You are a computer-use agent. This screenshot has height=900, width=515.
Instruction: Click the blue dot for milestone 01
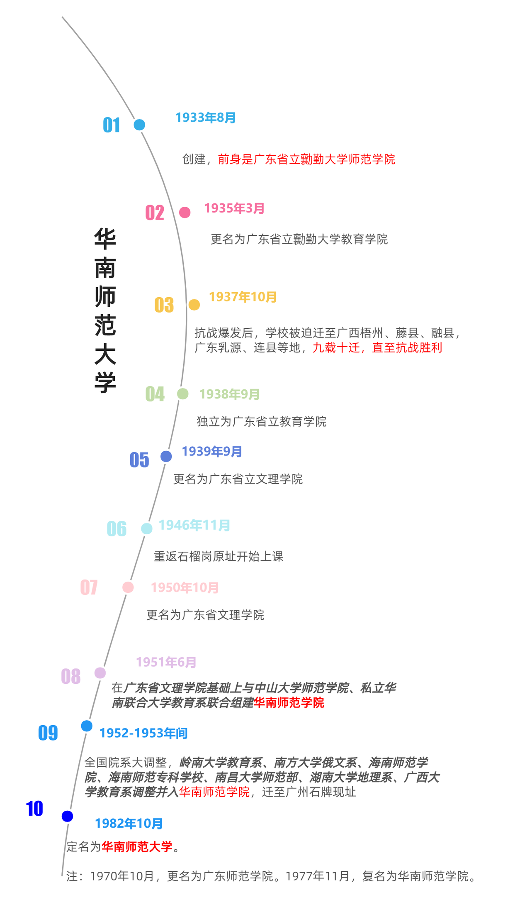click(139, 125)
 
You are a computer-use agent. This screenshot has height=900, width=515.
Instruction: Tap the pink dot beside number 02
click(185, 213)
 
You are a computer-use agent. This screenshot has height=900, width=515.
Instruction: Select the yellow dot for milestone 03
click(194, 305)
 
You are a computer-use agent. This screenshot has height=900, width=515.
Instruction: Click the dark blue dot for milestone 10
click(67, 816)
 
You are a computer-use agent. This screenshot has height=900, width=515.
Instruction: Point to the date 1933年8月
click(206, 117)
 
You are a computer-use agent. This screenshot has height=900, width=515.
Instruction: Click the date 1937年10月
click(243, 297)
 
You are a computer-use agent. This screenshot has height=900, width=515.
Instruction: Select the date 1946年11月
click(194, 525)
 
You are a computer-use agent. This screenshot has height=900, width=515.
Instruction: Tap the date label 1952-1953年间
click(143, 733)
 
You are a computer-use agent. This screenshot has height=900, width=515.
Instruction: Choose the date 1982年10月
click(129, 823)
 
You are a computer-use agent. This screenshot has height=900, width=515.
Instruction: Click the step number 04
click(155, 394)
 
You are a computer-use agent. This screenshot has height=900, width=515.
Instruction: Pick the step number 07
click(89, 587)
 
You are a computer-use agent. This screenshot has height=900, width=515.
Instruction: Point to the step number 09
click(48, 733)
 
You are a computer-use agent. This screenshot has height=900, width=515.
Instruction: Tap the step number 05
click(139, 460)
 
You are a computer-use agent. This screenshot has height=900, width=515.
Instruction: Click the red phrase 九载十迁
click(336, 347)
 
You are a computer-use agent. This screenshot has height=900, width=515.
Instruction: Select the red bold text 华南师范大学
click(137, 846)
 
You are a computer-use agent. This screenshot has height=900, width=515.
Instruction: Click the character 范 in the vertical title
click(105, 325)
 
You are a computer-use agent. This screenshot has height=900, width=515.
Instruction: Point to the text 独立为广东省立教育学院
click(261, 421)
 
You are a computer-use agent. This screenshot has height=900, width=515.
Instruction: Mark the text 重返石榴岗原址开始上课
click(219, 556)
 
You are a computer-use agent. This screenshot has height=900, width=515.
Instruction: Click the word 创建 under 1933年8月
click(194, 159)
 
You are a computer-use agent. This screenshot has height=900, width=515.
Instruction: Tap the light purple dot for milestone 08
click(100, 673)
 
